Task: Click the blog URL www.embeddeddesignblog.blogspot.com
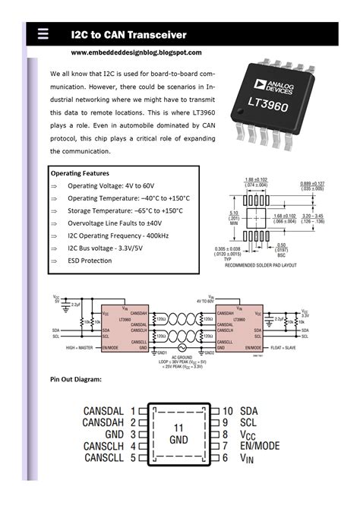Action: click(x=137, y=52)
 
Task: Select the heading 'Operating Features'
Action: click(x=80, y=173)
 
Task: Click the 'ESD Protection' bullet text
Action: click(x=90, y=261)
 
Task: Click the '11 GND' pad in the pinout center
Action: click(x=178, y=434)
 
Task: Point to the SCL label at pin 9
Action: click(x=248, y=422)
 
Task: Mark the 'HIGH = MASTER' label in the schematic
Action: click(x=81, y=347)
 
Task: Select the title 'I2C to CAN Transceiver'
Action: click(x=129, y=35)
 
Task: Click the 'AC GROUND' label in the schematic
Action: click(x=180, y=356)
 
